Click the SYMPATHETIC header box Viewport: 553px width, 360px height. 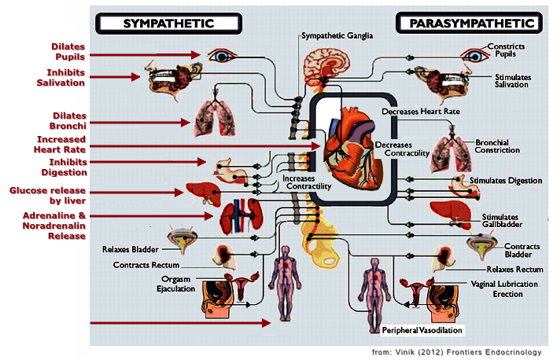click(x=168, y=23)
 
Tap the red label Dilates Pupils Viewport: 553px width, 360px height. click(x=66, y=52)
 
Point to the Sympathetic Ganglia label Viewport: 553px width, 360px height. click(x=337, y=36)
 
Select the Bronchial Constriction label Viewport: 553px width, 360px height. click(x=497, y=146)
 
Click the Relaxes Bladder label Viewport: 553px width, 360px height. click(x=131, y=250)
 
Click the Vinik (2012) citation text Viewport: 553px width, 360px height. click(x=457, y=351)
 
